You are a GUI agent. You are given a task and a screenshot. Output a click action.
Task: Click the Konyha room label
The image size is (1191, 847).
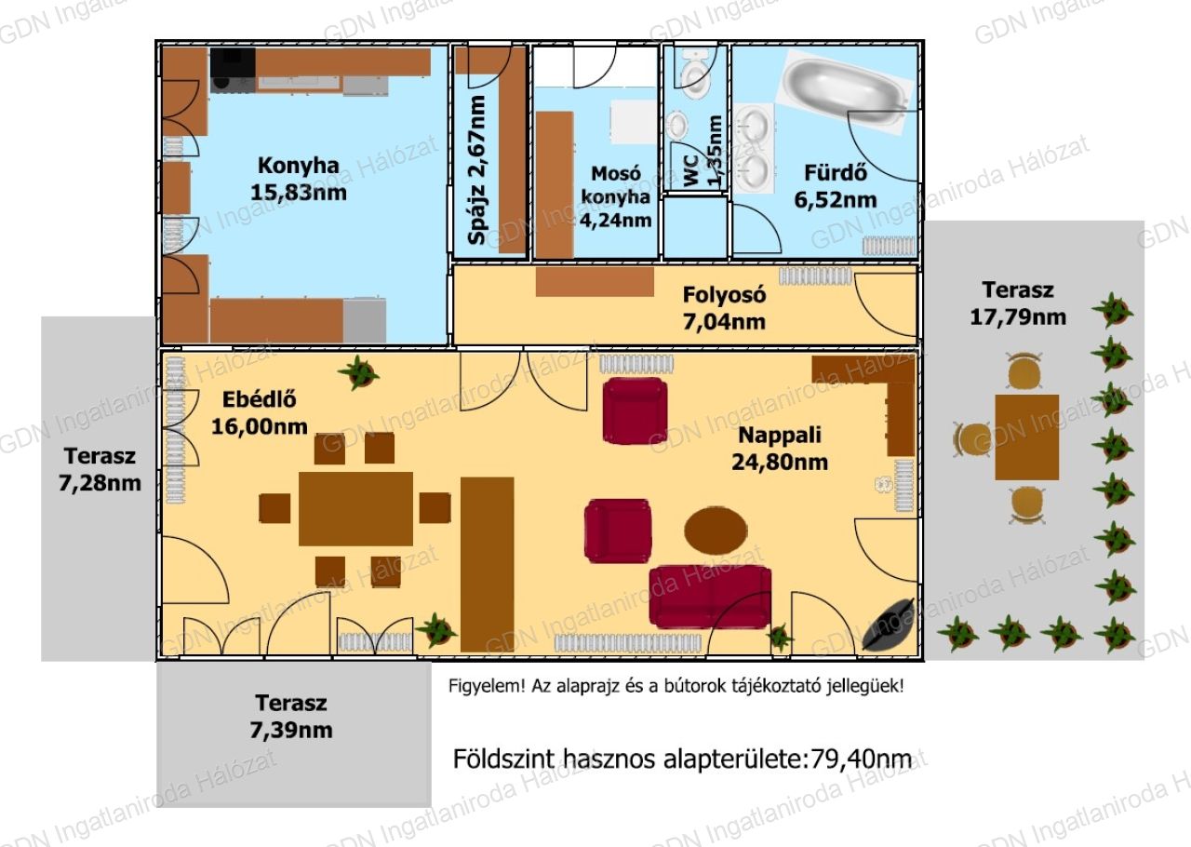pos(299,166)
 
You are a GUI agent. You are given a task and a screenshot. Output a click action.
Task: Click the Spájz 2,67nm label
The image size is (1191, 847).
pos(476,170)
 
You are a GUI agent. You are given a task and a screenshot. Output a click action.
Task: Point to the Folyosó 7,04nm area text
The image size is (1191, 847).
pos(724,308)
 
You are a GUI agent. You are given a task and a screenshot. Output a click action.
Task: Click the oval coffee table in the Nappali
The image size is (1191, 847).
pos(716,531)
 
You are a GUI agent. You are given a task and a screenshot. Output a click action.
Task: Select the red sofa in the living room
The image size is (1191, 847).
pos(710,596)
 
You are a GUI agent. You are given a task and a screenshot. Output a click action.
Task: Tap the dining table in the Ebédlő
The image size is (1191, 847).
pos(355,508)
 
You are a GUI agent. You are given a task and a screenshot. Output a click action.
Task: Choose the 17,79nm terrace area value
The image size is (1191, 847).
pos(1018,317)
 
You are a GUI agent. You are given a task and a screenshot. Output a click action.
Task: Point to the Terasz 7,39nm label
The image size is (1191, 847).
pos(291,716)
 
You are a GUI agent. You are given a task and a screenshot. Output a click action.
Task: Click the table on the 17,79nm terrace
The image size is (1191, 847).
pos(1026,437)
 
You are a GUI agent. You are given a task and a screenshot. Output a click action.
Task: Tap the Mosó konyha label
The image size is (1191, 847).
pos(616,196)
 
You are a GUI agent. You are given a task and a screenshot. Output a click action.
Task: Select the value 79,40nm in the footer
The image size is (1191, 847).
pos(861,759)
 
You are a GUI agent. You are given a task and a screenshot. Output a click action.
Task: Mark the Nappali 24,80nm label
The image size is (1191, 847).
pos(780,449)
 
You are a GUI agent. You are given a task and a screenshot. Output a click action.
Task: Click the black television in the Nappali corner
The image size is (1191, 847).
pos(888,625)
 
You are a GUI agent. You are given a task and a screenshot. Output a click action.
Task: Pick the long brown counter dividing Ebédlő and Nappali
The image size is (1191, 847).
pos(487,564)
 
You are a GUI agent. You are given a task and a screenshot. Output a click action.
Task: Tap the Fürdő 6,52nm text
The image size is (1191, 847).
pos(836,187)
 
